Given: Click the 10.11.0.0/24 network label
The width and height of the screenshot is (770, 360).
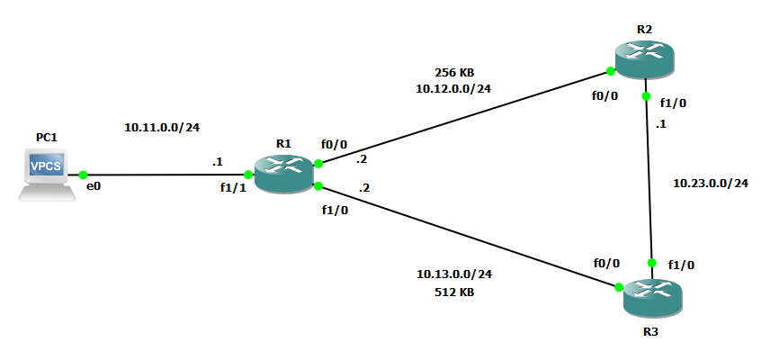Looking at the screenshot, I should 161,128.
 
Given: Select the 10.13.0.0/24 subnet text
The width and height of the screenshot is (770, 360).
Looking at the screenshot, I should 454,274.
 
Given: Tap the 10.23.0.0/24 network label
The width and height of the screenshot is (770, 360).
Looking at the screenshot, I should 711,184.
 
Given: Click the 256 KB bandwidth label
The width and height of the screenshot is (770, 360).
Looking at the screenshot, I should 454,72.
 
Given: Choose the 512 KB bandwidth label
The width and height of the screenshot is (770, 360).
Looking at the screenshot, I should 454,292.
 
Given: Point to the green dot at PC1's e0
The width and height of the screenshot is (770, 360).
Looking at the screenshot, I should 83,175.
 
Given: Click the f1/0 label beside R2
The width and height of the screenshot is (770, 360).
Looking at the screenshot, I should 673,103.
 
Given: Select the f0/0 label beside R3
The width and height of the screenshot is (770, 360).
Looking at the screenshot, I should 607,263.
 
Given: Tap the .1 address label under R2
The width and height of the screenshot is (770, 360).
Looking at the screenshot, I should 663,124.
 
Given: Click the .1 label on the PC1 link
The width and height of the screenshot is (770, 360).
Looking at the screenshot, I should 217,162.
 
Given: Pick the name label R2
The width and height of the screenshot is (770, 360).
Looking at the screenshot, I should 644,29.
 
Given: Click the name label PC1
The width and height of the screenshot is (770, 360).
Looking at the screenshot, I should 47,137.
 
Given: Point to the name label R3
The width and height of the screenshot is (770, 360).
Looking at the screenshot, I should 651,330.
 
